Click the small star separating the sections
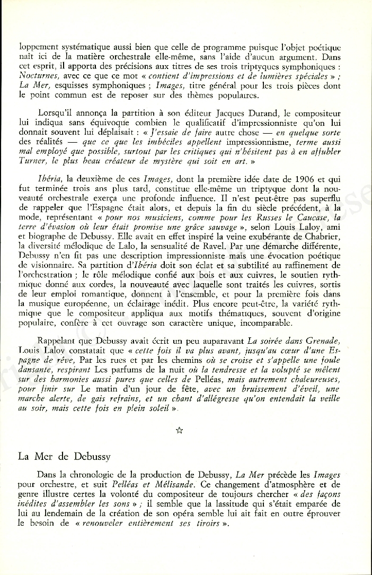coord(179,430)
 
